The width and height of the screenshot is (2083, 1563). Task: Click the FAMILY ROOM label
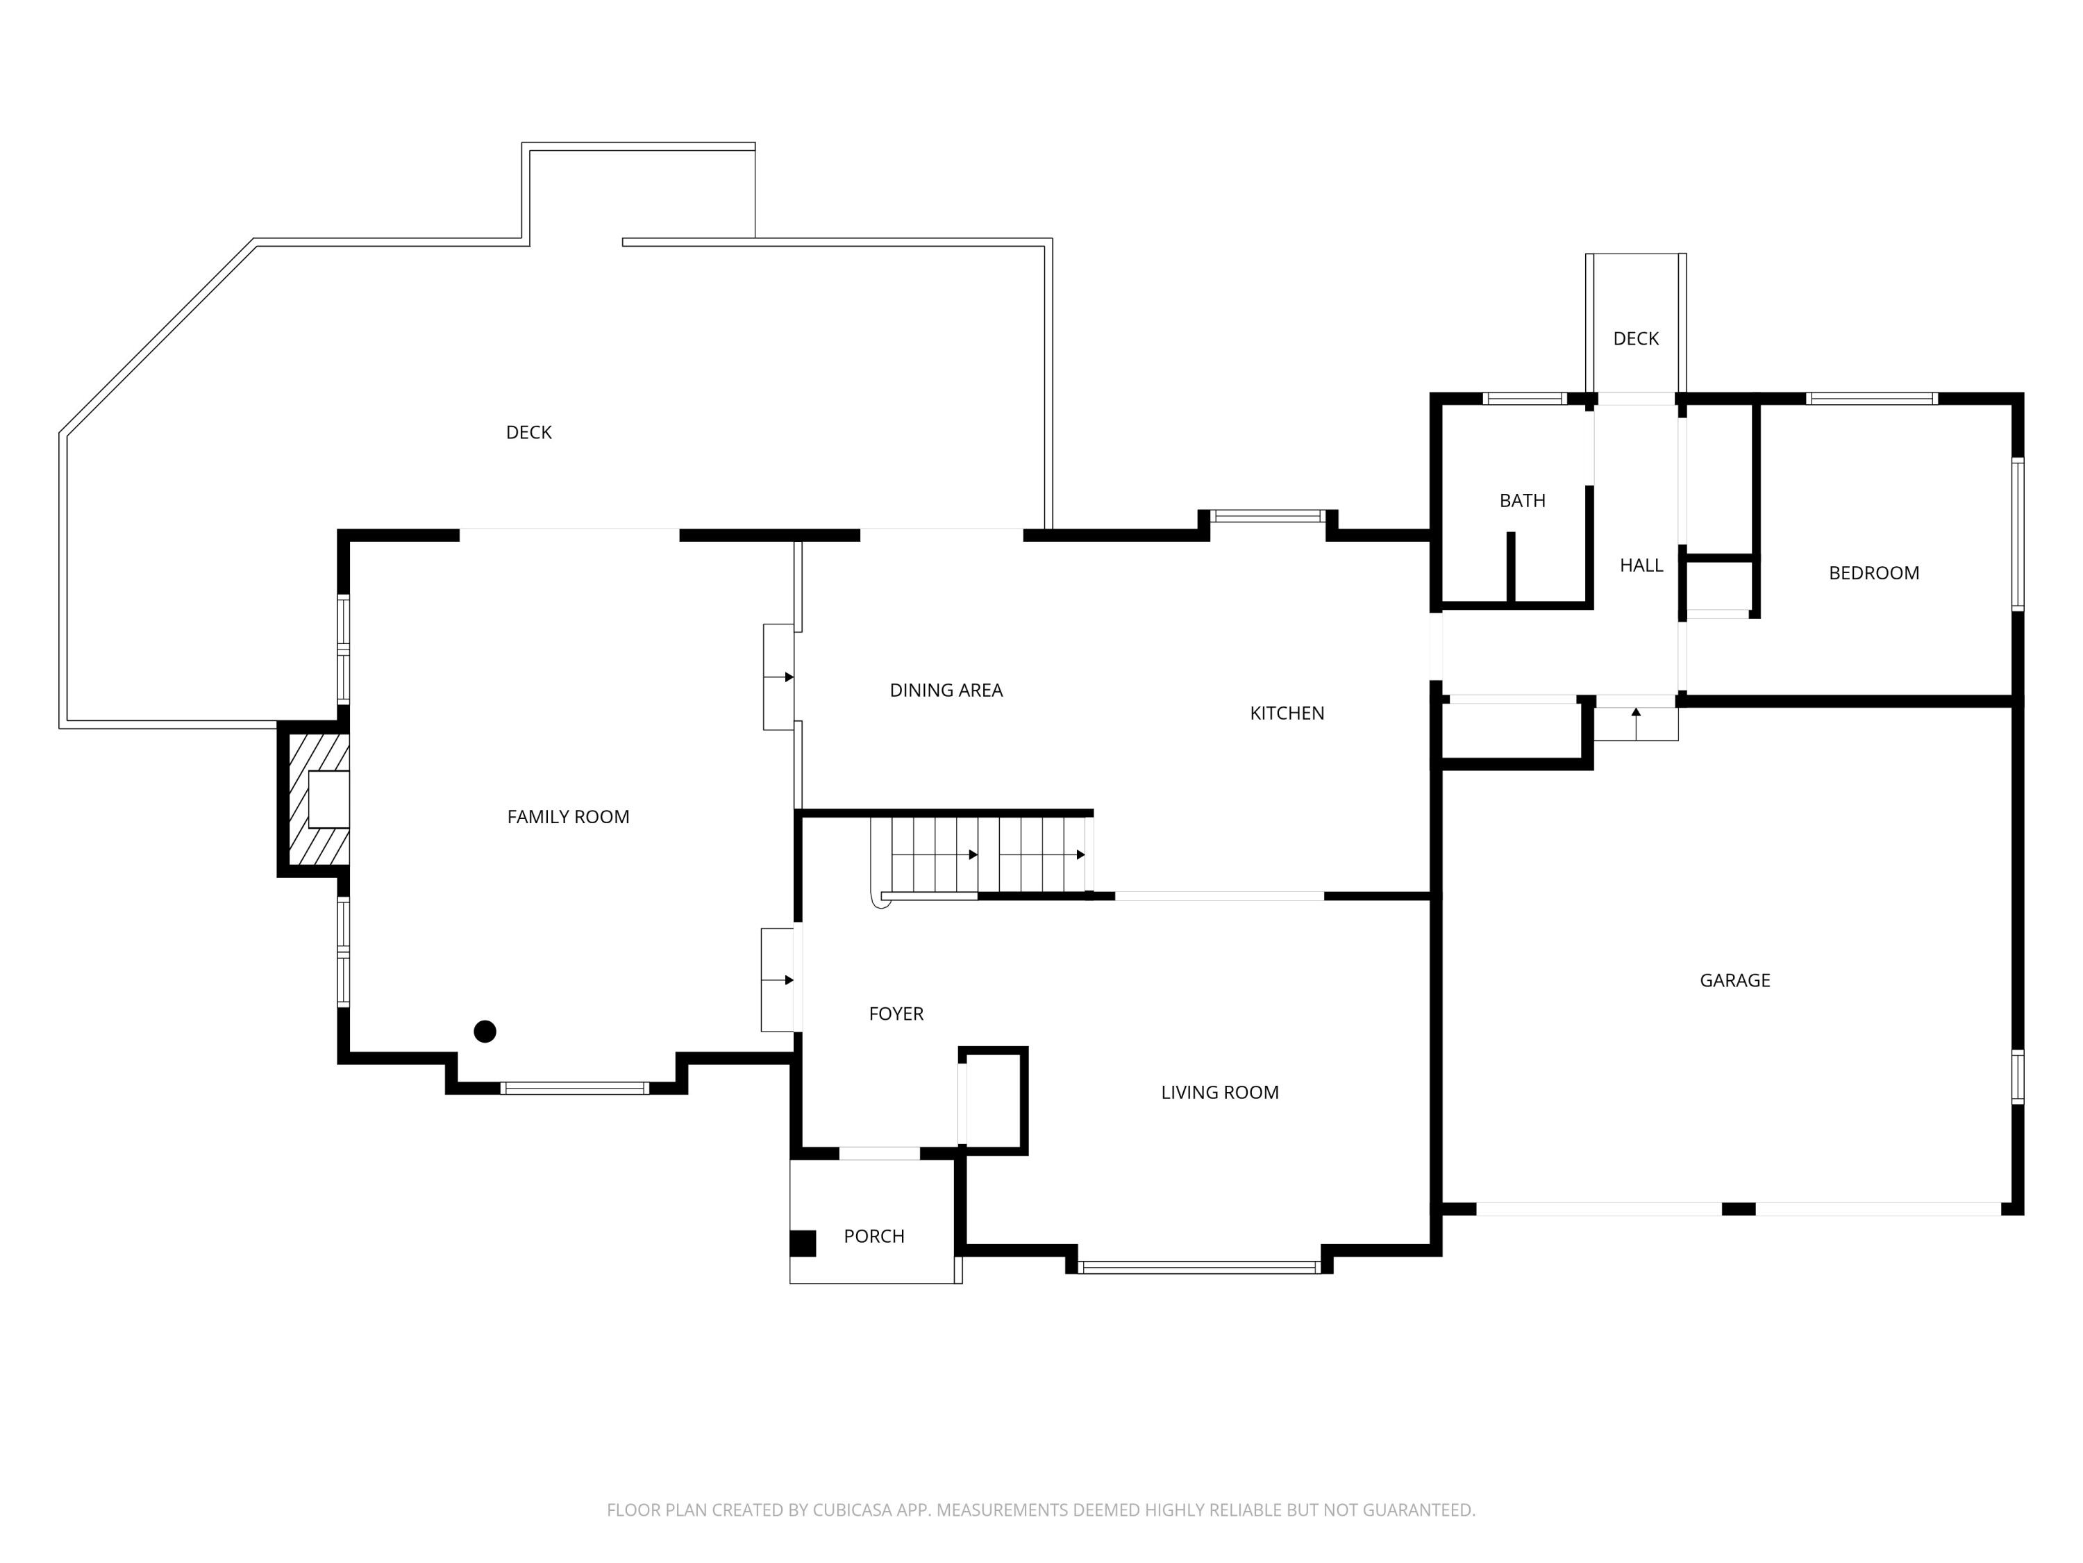click(x=568, y=817)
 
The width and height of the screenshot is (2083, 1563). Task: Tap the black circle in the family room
click(x=485, y=1032)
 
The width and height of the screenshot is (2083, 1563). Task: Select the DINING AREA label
click(x=946, y=690)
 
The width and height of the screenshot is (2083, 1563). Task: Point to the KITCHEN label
click(x=1287, y=713)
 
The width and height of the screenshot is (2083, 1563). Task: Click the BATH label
click(x=1522, y=500)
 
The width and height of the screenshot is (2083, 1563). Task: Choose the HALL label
click(x=1641, y=565)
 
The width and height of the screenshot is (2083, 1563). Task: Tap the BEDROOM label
click(x=1873, y=573)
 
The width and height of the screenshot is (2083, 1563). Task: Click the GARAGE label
click(x=1734, y=981)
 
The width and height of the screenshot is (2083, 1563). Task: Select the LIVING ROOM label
click(x=1219, y=1093)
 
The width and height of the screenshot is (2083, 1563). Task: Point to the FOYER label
click(x=896, y=1014)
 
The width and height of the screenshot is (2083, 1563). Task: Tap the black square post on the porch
click(x=803, y=1243)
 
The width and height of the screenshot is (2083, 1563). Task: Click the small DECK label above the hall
click(x=1636, y=338)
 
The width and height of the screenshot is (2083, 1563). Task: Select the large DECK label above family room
click(x=528, y=433)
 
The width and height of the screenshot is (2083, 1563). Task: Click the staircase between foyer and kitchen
click(x=984, y=854)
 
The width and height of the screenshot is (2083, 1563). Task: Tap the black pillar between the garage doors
click(x=1739, y=1209)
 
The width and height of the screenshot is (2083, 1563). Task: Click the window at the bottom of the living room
click(x=1198, y=1267)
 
